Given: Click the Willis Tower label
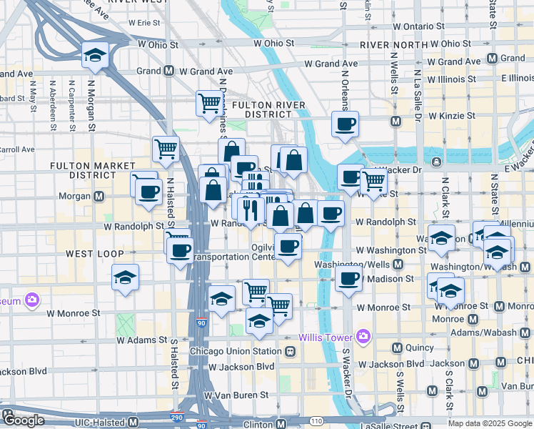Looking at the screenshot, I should (x=325, y=337).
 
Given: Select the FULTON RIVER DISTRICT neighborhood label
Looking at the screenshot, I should (x=274, y=109).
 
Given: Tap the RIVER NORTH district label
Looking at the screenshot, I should (x=393, y=44).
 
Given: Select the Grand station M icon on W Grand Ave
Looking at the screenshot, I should (x=169, y=71).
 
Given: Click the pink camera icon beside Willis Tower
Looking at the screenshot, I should (x=363, y=336).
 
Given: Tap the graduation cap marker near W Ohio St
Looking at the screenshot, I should (x=94, y=56).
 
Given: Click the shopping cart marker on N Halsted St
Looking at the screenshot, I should (x=166, y=149).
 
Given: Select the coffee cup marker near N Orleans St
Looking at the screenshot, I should (x=345, y=124).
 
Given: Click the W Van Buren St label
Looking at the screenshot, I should (x=236, y=394).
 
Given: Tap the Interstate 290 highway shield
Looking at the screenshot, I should (x=176, y=417).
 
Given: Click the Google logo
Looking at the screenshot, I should (x=23, y=420).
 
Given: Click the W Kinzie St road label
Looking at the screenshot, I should (x=451, y=115).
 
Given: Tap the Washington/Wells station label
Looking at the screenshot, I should (x=353, y=264).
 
